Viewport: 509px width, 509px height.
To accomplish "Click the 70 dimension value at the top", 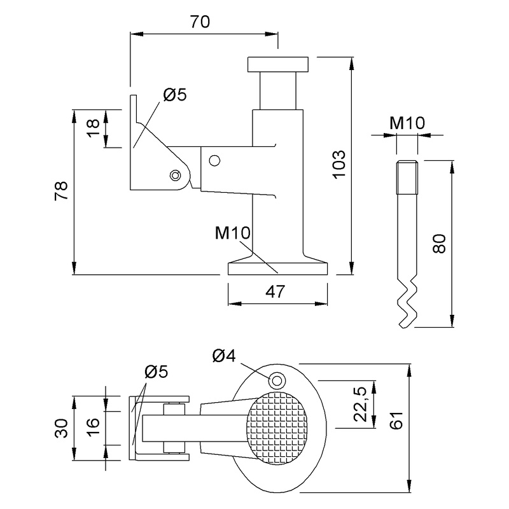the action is click(x=200, y=22).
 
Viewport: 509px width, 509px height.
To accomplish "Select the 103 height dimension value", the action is click(x=339, y=164).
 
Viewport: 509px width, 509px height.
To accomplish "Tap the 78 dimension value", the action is click(x=61, y=190).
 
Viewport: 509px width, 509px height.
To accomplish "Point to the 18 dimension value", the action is click(x=94, y=129).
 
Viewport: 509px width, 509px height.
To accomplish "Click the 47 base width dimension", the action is click(x=275, y=291).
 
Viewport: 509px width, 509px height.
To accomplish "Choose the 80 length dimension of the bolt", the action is click(x=439, y=244).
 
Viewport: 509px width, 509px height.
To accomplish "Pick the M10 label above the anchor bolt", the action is click(x=407, y=123).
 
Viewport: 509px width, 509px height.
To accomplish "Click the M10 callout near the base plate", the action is click(x=232, y=233).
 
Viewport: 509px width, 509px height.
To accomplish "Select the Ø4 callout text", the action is click(x=224, y=356).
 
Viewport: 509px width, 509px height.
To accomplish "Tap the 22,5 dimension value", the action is click(x=360, y=404).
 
